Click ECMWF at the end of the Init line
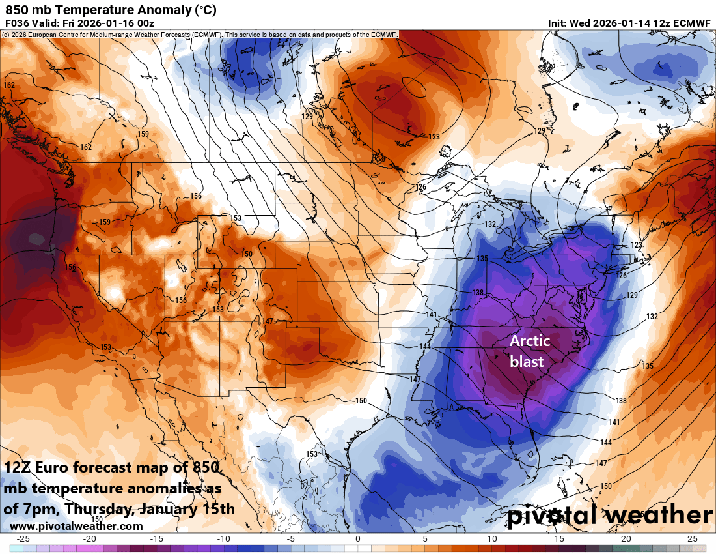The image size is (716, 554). click(691, 23)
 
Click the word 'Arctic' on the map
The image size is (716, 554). click(529, 341)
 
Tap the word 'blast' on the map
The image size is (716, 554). click(527, 361)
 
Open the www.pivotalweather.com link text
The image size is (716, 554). click(76, 526)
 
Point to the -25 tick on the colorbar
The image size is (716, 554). click(23, 539)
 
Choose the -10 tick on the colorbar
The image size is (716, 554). click(224, 539)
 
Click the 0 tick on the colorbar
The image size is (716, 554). click(358, 539)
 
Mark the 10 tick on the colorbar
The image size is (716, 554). click(491, 539)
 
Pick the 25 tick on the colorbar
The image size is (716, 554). click(692, 539)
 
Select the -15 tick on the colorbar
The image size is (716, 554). click(157, 539)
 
